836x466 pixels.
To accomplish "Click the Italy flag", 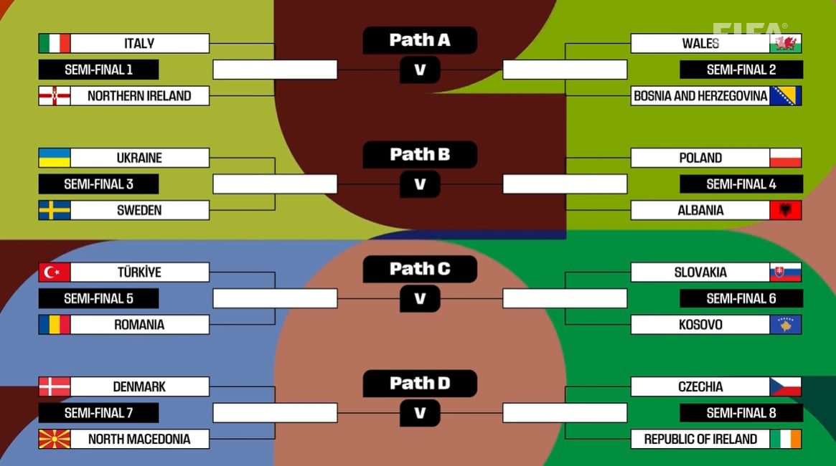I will click(55, 43).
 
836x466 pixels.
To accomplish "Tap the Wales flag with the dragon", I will click(785, 43).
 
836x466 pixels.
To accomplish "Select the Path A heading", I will click(420, 40).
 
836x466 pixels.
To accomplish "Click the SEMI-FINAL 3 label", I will click(98, 184).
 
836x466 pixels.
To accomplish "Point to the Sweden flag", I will click(55, 210).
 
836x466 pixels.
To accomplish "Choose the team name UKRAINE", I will click(139, 158).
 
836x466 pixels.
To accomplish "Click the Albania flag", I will click(785, 210).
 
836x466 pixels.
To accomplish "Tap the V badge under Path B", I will click(420, 184).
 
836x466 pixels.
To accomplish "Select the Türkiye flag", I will click(55, 272).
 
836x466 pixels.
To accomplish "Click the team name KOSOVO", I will click(700, 325).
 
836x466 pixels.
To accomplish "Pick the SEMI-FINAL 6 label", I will click(741, 298).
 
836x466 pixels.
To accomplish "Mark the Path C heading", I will click(420, 269).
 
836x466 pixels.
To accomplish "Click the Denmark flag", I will click(55, 386).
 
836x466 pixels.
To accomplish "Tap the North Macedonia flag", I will click(55, 439).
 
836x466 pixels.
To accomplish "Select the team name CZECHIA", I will click(700, 386).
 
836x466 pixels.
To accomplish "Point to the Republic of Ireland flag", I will click(785, 439).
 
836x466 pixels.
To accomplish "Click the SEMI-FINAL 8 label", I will click(741, 413).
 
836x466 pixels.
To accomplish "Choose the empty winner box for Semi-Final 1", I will click(275, 70).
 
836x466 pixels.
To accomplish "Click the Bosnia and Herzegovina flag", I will click(785, 95).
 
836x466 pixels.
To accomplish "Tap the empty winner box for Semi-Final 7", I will click(275, 413).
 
